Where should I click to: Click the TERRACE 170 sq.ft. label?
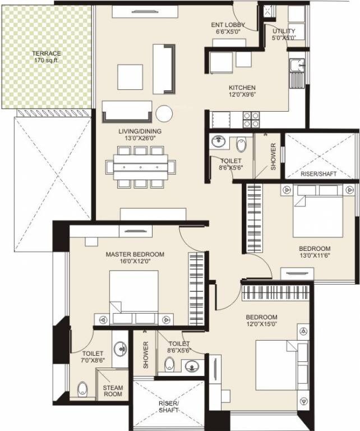click(x=47, y=57)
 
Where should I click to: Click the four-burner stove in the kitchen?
click(x=251, y=120)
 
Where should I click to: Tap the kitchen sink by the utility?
click(x=296, y=68)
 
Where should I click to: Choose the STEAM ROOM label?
click(x=112, y=391)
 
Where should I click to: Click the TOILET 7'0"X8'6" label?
click(x=93, y=357)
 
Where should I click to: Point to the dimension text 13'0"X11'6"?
click(x=314, y=256)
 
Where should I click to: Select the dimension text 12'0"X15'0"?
click(x=261, y=324)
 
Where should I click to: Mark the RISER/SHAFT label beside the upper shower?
click(x=319, y=174)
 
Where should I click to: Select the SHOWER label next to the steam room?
click(x=145, y=355)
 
